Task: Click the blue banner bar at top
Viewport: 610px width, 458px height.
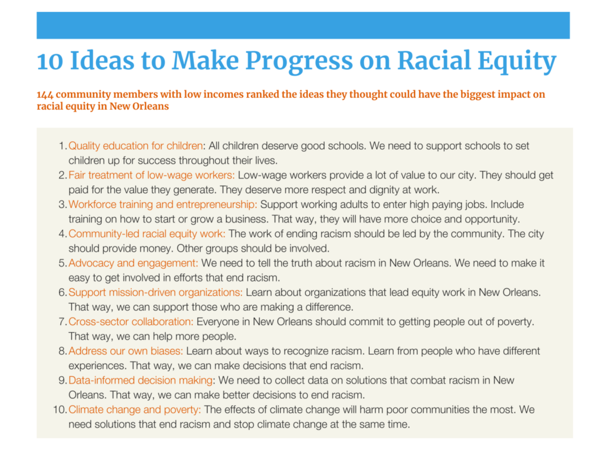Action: click(303, 25)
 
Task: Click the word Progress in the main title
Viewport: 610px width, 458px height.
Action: click(299, 61)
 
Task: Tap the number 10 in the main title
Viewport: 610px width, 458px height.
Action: click(50, 61)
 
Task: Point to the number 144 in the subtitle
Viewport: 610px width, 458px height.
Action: click(45, 95)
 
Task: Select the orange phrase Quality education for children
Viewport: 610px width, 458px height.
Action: click(136, 146)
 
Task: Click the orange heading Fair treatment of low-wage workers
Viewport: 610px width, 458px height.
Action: click(152, 175)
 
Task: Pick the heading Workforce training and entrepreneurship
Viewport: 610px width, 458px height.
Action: click(163, 205)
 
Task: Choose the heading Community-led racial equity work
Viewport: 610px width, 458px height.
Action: click(147, 234)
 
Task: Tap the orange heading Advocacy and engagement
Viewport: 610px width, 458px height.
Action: click(133, 263)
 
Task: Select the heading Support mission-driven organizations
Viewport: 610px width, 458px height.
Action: click(155, 292)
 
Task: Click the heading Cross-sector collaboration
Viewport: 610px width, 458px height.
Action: click(130, 321)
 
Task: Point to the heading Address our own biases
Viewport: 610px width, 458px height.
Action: click(125, 351)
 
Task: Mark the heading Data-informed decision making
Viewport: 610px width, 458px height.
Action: click(141, 380)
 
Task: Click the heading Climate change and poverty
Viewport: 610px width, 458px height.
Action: click(135, 410)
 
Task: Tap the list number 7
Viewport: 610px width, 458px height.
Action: click(63, 321)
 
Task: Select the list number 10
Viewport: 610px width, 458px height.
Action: click(60, 410)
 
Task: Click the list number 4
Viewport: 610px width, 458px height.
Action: click(63, 234)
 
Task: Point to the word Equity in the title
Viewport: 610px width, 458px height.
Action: click(517, 61)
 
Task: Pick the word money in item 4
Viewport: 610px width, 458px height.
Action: click(158, 249)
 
